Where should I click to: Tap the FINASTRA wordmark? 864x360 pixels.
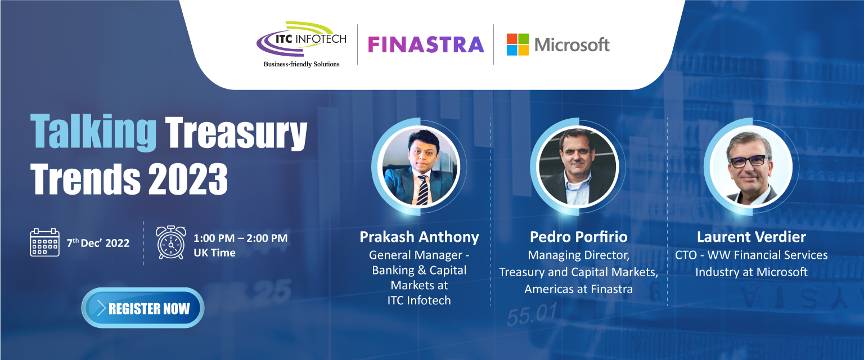click(426, 45)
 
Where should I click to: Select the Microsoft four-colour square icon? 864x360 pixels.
click(517, 44)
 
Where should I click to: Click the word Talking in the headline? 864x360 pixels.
click(93, 132)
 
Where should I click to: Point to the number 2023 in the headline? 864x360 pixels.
click(188, 179)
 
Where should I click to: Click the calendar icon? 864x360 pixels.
click(45, 242)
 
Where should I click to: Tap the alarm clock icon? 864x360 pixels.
click(171, 242)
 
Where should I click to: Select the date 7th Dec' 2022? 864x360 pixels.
click(98, 242)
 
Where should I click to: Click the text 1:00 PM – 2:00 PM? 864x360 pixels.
click(240, 238)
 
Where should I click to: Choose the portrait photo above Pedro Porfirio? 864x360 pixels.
click(578, 166)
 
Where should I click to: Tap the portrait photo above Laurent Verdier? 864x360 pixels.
click(751, 166)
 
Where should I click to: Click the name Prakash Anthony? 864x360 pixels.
click(419, 237)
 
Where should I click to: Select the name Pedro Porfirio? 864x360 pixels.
click(579, 237)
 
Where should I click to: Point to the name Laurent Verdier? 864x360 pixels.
click(751, 237)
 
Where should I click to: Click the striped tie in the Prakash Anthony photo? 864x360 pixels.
click(423, 190)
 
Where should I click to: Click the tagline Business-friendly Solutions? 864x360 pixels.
click(301, 64)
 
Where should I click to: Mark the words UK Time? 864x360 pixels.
click(214, 253)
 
